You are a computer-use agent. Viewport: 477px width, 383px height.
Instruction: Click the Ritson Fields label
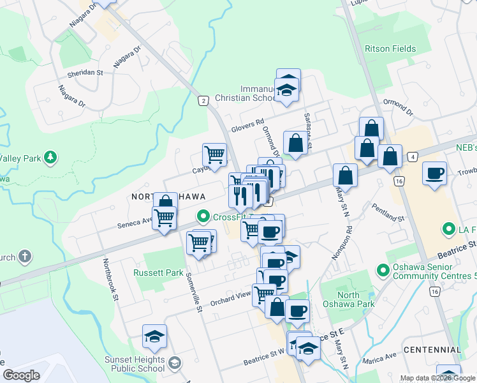(390, 49)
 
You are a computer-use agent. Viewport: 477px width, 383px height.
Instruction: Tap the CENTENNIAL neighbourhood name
(432, 350)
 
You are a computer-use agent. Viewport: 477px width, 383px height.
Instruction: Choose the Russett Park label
(158, 273)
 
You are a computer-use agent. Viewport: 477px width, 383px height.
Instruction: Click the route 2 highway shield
(203, 101)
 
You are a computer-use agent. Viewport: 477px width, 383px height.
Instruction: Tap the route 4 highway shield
(413, 156)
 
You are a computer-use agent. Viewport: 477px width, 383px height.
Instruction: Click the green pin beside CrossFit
(203, 217)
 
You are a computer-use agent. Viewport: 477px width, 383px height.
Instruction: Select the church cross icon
(25, 257)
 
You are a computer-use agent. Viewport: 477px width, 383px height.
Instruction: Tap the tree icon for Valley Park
(49, 157)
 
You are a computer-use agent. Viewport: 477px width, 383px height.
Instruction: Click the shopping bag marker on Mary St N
(345, 176)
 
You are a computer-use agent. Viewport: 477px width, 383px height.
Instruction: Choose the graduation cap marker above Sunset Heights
(154, 336)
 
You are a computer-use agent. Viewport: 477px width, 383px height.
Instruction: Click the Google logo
(21, 375)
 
